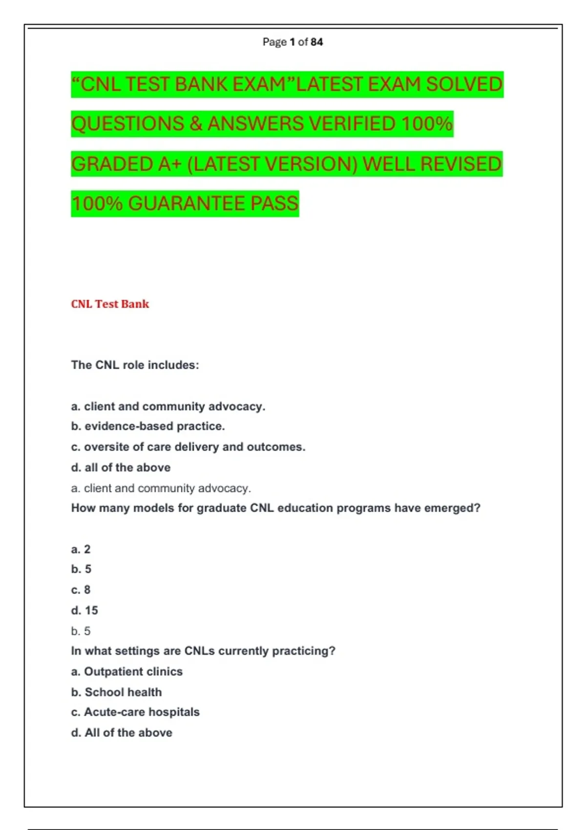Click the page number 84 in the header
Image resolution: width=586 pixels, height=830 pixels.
click(316, 42)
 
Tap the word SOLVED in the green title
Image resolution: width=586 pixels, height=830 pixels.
click(463, 84)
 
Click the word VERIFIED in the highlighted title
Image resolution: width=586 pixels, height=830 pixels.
click(352, 124)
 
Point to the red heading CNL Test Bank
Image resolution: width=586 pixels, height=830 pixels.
click(110, 304)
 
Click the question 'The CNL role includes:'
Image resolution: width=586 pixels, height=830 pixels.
click(135, 365)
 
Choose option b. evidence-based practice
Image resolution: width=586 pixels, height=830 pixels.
click(148, 426)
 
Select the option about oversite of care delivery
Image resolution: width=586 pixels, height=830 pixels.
click(188, 447)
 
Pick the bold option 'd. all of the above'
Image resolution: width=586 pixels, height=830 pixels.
click(121, 468)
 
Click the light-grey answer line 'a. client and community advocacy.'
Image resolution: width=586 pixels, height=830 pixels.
click(161, 488)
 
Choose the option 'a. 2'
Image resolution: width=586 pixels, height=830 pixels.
click(81, 549)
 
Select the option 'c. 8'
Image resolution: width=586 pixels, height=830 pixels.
click(81, 590)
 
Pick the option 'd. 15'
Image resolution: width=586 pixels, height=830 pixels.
click(84, 610)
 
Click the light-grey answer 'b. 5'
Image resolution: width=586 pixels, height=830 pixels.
click(81, 631)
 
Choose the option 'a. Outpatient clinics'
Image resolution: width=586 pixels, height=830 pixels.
click(126, 672)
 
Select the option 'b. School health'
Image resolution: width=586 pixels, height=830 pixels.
click(116, 692)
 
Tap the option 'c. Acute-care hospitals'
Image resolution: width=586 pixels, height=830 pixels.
click(135, 712)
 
